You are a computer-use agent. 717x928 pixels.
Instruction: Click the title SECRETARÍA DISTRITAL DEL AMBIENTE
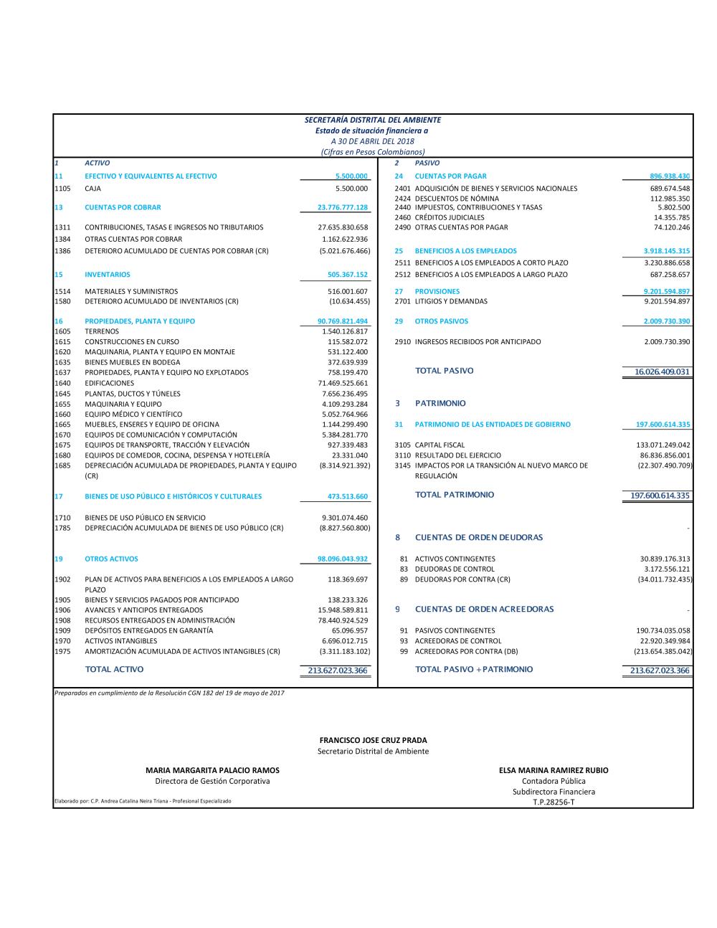pos(373,120)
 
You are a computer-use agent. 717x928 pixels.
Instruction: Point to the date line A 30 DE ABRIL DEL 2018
pos(373,141)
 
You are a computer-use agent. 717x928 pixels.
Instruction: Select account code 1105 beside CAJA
pos(62,189)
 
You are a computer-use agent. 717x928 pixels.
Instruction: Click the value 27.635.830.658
pos(343,227)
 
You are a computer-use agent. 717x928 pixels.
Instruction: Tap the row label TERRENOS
pos(102,331)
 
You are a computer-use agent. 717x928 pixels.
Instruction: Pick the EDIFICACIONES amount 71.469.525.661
pos(343,383)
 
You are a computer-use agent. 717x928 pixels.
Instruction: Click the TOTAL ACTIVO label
pos(114,669)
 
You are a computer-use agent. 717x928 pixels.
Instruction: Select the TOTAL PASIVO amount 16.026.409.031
pos(662,371)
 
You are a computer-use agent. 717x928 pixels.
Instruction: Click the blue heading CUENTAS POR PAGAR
pos(450,176)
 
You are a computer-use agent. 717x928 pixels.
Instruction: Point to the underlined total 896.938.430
pos(670,176)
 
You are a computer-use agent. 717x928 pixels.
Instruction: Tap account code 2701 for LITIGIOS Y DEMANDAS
pos(402,301)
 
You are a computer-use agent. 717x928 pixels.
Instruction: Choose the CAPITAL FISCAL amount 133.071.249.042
pos(663,445)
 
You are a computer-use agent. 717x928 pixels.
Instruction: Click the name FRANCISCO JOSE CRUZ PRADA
pos(373,740)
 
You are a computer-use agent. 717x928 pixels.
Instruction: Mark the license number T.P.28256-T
pos(554,802)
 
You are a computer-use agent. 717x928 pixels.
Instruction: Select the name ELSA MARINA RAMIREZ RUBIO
pos(554,770)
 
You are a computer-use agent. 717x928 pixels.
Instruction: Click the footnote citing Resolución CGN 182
pos(169,693)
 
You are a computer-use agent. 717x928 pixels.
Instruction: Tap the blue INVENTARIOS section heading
pos(108,275)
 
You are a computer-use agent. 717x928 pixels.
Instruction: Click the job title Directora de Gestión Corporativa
pos(212,781)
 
